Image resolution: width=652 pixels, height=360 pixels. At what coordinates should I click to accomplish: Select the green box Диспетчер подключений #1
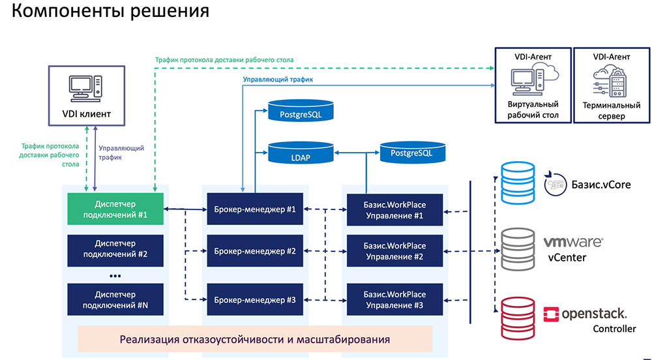click(x=115, y=209)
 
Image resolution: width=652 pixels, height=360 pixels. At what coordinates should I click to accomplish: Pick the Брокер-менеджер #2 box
click(x=255, y=250)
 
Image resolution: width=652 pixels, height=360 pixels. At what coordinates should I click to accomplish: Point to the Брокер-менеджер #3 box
click(x=255, y=300)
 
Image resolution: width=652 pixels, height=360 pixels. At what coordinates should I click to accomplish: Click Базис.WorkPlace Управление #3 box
click(x=394, y=300)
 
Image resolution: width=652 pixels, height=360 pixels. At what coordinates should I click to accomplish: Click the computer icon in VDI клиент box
click(x=85, y=87)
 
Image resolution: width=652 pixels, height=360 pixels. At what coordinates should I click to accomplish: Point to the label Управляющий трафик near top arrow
click(x=278, y=80)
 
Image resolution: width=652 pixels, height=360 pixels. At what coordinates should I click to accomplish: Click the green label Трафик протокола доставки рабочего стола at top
click(x=224, y=59)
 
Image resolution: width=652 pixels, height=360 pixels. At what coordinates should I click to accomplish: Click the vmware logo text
click(x=573, y=242)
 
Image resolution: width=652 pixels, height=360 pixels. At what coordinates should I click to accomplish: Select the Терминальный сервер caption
click(x=610, y=111)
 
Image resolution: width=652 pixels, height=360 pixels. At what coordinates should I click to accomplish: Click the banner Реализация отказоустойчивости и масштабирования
click(x=255, y=339)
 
